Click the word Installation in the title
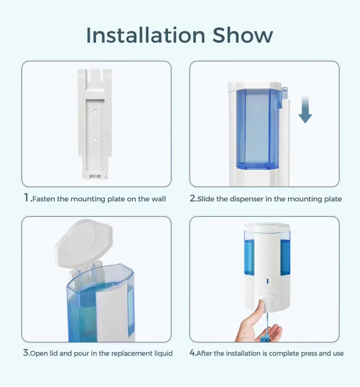pos(145,36)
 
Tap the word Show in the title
pos(243,36)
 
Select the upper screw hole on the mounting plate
pos(96,109)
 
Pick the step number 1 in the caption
pos(26,198)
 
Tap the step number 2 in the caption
pos(193,198)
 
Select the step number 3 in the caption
pos(26,353)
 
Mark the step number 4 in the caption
pos(193,353)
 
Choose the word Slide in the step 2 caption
pos(207,199)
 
